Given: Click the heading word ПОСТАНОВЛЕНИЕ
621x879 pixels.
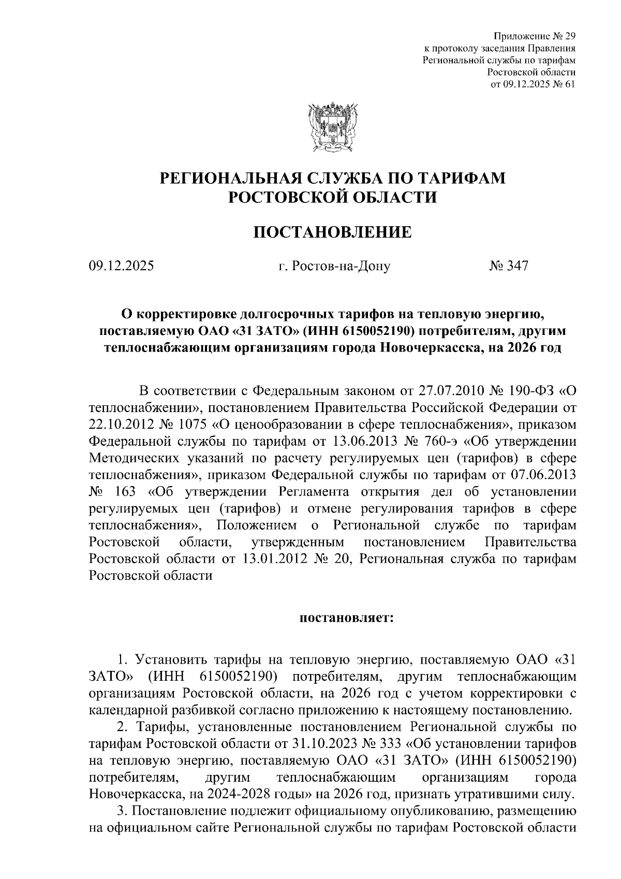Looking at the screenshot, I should pos(332,232).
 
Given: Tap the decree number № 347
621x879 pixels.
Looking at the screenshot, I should pos(508,267).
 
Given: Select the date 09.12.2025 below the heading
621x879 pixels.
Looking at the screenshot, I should pos(121,267).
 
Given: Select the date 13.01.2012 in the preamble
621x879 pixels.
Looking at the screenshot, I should pos(270,559).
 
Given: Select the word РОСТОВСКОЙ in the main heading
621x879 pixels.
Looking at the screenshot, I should pos(280,197).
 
